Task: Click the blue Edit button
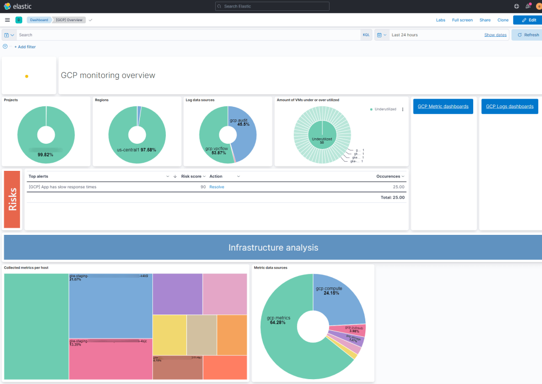tap(527, 20)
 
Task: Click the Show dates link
tap(495, 35)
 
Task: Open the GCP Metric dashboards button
tap(443, 106)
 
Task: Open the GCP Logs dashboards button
tap(509, 106)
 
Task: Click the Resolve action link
tap(217, 187)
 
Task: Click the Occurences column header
tap(388, 176)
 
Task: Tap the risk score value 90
tap(203, 187)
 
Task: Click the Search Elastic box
tap(272, 7)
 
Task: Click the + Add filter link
tap(25, 47)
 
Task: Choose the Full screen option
tap(462, 20)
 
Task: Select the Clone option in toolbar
tap(503, 20)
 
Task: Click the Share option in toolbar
tap(485, 20)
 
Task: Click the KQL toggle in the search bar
tap(366, 35)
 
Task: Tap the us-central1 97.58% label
tap(137, 150)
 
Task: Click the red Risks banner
tap(13, 199)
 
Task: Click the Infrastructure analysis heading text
tap(273, 248)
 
